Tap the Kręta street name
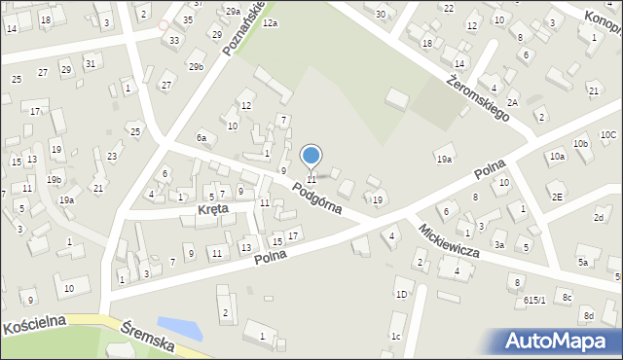pyautogui.click(x=213, y=209)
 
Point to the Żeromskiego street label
pyautogui.click(x=480, y=99)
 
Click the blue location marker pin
pyautogui.click(x=311, y=157)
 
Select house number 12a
pyautogui.click(x=269, y=22)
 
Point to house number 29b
pyautogui.click(x=197, y=66)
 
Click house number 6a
pyautogui.click(x=202, y=138)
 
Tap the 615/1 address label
pyautogui.click(x=534, y=301)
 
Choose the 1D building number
pyautogui.click(x=401, y=294)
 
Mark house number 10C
pyautogui.click(x=608, y=134)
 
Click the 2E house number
pyautogui.click(x=557, y=196)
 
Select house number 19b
pyautogui.click(x=55, y=179)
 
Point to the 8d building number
pyautogui.click(x=588, y=316)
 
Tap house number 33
pyautogui.click(x=173, y=40)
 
